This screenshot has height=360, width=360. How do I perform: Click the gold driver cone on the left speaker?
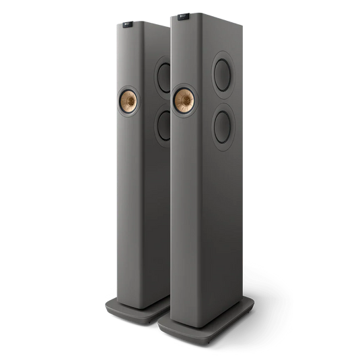pos(129,102)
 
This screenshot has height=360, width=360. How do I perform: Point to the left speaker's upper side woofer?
pos(164,75)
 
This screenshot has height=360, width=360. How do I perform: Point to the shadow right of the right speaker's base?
pos(269,316)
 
